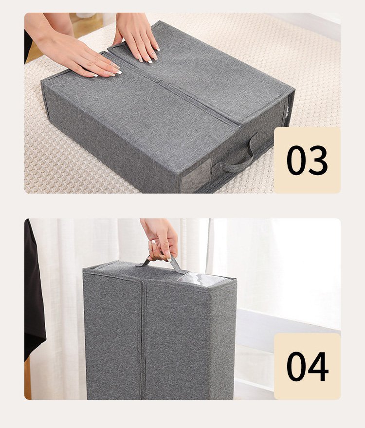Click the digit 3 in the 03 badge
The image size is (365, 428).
click(x=317, y=160)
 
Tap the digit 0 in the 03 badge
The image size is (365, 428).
click(x=297, y=160)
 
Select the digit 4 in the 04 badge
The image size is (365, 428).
click(x=318, y=366)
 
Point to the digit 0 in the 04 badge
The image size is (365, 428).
click(x=297, y=366)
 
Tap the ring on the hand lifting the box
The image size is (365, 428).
click(x=150, y=250)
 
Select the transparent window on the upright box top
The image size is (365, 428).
click(x=203, y=280)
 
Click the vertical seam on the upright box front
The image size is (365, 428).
click(x=143, y=340)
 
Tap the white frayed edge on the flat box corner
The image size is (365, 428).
click(x=287, y=110)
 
